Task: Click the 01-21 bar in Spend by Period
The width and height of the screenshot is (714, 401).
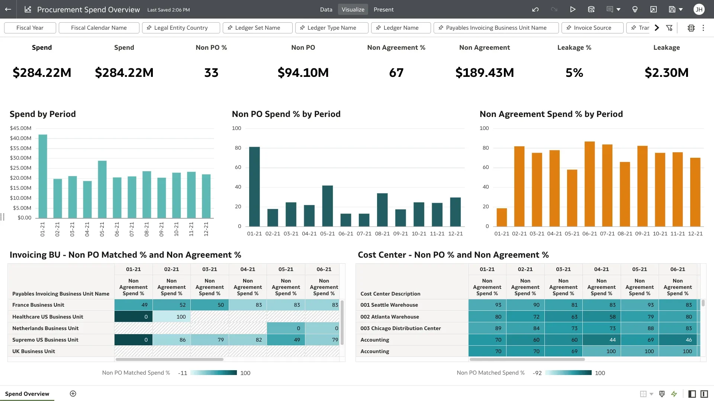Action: tap(43, 176)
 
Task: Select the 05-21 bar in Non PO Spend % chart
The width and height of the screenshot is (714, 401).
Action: tap(327, 206)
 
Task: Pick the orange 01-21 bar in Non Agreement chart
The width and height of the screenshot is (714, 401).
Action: tap(502, 217)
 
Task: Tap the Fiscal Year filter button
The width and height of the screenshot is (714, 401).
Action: tap(30, 28)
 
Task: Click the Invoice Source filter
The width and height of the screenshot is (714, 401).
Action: tap(592, 28)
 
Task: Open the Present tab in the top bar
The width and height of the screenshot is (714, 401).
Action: tap(383, 10)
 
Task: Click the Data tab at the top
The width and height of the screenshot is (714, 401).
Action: tap(326, 10)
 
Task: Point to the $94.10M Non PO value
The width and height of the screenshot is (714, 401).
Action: tap(303, 73)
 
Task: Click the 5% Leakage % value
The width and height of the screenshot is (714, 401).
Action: tap(574, 73)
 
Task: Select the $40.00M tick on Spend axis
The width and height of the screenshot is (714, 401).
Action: tap(20, 138)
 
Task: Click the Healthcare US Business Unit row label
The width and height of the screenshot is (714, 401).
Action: tap(48, 317)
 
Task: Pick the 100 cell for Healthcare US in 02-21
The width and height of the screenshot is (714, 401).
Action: tap(171, 317)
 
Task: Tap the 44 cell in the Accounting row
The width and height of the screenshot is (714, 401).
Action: tap(601, 340)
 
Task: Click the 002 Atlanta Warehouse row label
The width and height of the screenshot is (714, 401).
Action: tap(389, 317)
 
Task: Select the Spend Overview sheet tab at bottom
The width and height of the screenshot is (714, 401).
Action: tap(27, 394)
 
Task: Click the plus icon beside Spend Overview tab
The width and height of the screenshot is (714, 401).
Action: tap(73, 394)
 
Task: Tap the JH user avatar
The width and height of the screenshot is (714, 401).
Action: tap(699, 10)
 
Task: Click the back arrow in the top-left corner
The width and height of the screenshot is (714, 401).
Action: tap(8, 10)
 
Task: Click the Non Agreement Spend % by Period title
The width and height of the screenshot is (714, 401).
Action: tap(551, 114)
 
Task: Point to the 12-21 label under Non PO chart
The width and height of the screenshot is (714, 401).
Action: tap(455, 234)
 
